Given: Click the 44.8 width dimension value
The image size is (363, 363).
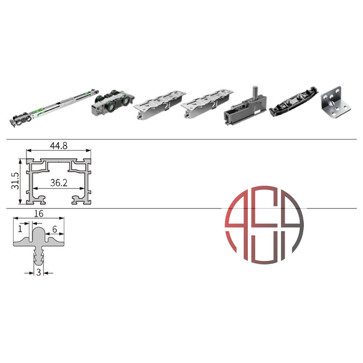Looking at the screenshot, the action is coord(59,146).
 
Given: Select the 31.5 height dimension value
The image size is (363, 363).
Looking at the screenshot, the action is coord(15,181).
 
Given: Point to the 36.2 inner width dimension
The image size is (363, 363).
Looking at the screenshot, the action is coord(59,183).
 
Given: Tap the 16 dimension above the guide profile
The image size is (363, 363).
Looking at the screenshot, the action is coord(39,214).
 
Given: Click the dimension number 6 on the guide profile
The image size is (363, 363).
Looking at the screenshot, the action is coord(54,229).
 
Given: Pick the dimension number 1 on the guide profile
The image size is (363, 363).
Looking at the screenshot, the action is coord(20,229).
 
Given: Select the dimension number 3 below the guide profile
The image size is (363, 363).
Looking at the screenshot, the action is coord(39,272).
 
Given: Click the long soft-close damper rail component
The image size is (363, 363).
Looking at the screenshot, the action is coord(54,107).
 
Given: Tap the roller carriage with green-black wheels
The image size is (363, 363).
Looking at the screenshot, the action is coord(113,102).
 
